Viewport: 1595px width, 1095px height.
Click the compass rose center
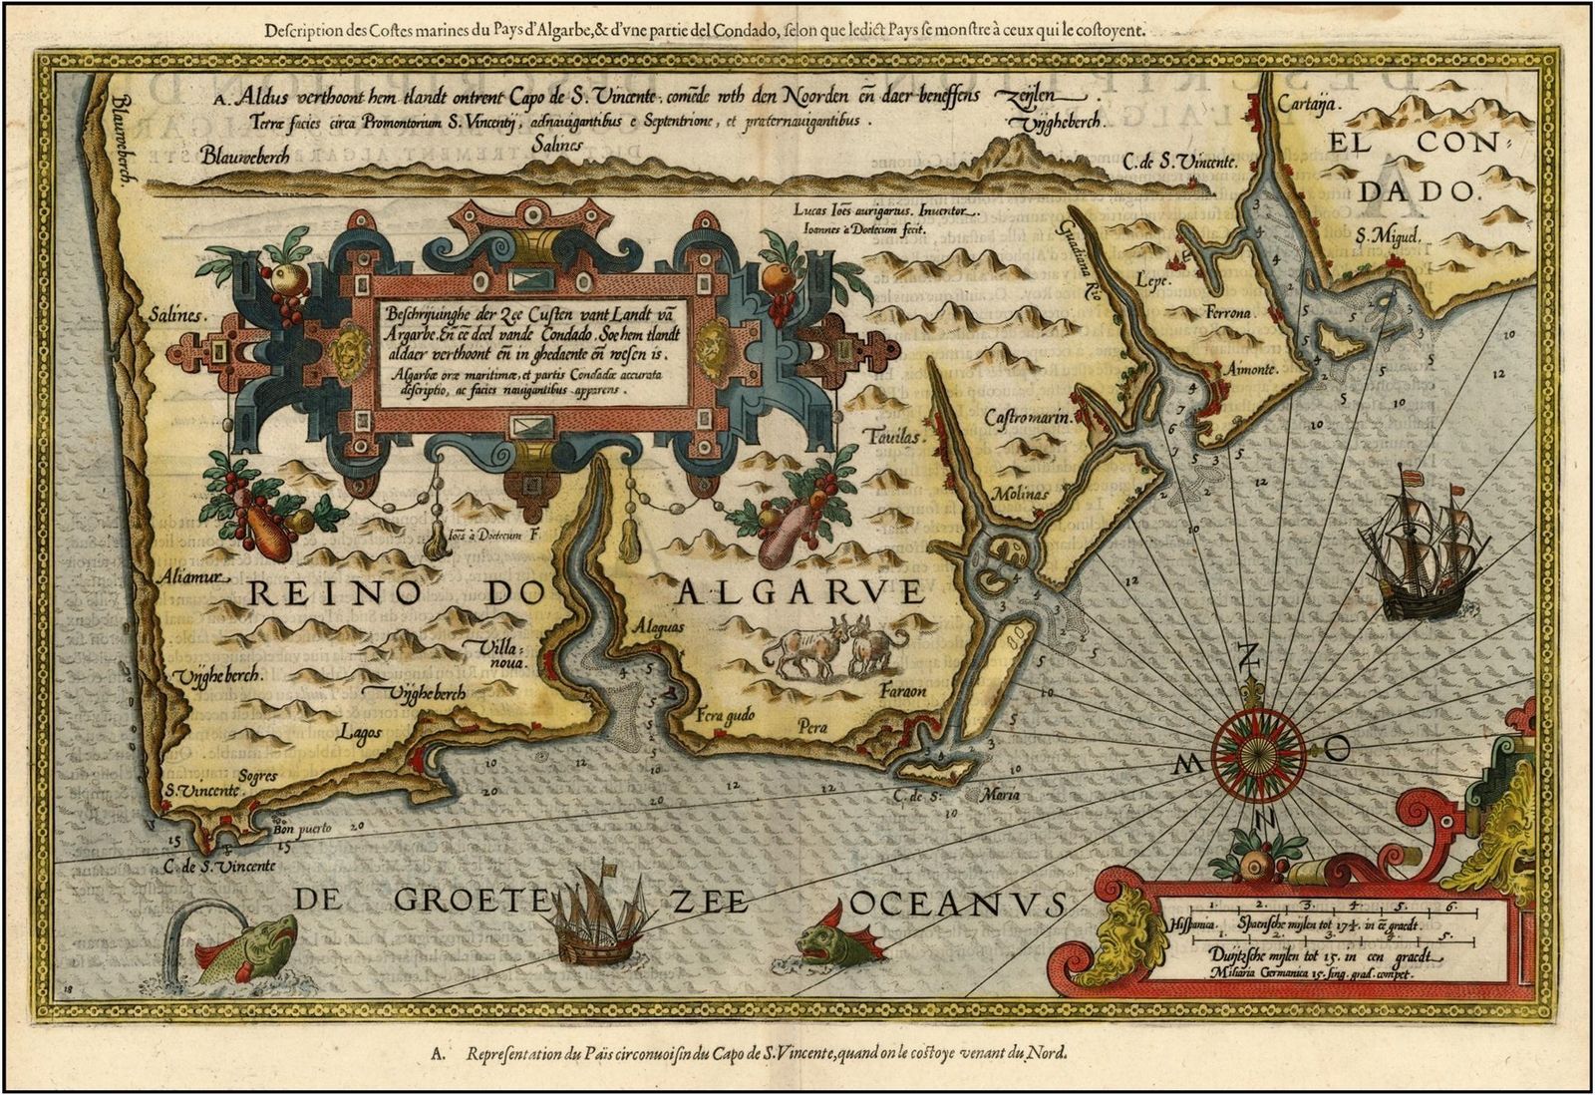coord(1250,743)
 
